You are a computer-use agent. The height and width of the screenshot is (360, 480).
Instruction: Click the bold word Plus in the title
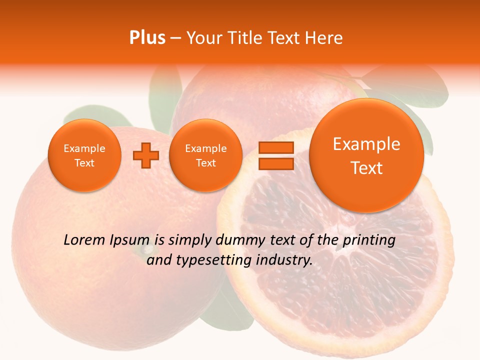(147, 37)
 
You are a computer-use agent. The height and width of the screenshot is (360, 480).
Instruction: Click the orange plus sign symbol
(145, 155)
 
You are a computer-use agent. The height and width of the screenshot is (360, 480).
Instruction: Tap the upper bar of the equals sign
(275, 147)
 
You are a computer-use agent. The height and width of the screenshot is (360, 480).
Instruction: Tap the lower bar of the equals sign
(275, 163)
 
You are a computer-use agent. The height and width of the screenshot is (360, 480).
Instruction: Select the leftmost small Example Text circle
(84, 155)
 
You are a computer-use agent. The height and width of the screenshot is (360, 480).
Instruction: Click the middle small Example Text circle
(205, 155)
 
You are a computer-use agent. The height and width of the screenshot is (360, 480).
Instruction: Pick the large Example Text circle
(366, 155)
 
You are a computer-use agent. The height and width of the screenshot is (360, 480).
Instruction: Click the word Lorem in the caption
(84, 240)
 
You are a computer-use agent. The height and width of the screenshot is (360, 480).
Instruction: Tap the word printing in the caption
(369, 240)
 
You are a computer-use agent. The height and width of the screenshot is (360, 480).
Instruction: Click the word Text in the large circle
(366, 168)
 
